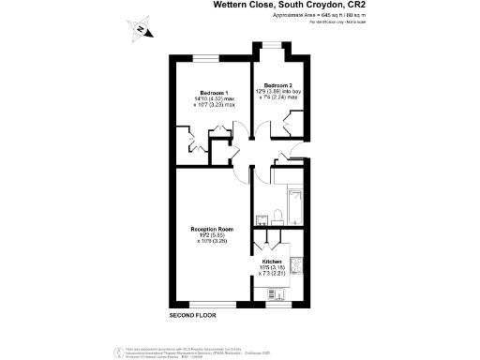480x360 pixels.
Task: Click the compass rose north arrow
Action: point(140,29)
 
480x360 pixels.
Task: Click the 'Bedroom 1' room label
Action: point(214,93)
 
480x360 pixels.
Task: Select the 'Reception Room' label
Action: point(212,229)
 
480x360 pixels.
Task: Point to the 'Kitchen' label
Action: point(272,262)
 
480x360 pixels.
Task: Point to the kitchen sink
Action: point(296,287)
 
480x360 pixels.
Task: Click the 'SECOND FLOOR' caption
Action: point(192,313)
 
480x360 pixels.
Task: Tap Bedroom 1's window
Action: point(207,62)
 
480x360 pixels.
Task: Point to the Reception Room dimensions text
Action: point(212,238)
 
